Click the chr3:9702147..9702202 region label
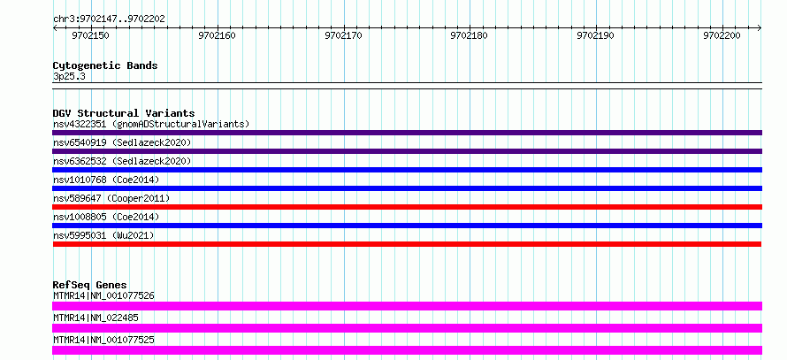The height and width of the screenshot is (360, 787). [109, 19]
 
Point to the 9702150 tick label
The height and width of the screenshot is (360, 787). [90, 36]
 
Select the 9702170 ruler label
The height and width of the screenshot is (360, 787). [343, 36]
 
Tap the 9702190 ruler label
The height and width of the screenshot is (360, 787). [595, 36]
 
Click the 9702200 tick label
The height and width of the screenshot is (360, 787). [722, 36]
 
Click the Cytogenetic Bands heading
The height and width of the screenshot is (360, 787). [105, 65]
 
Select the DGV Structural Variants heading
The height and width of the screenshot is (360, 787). [124, 113]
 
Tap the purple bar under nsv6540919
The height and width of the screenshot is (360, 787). [407, 151]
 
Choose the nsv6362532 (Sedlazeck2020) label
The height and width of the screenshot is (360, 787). [122, 161]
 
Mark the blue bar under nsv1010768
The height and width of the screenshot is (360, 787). [407, 188]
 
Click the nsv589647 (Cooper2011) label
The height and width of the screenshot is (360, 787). [111, 198]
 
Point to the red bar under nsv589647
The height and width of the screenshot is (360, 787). [407, 207]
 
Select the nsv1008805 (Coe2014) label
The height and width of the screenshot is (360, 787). [106, 217]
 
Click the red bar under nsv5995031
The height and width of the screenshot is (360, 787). [407, 244]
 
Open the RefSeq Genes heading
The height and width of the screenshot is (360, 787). [90, 285]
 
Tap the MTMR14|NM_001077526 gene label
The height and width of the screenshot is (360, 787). [103, 295]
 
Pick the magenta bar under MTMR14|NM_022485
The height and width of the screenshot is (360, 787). [407, 328]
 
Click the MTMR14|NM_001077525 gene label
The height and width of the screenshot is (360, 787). [103, 340]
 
